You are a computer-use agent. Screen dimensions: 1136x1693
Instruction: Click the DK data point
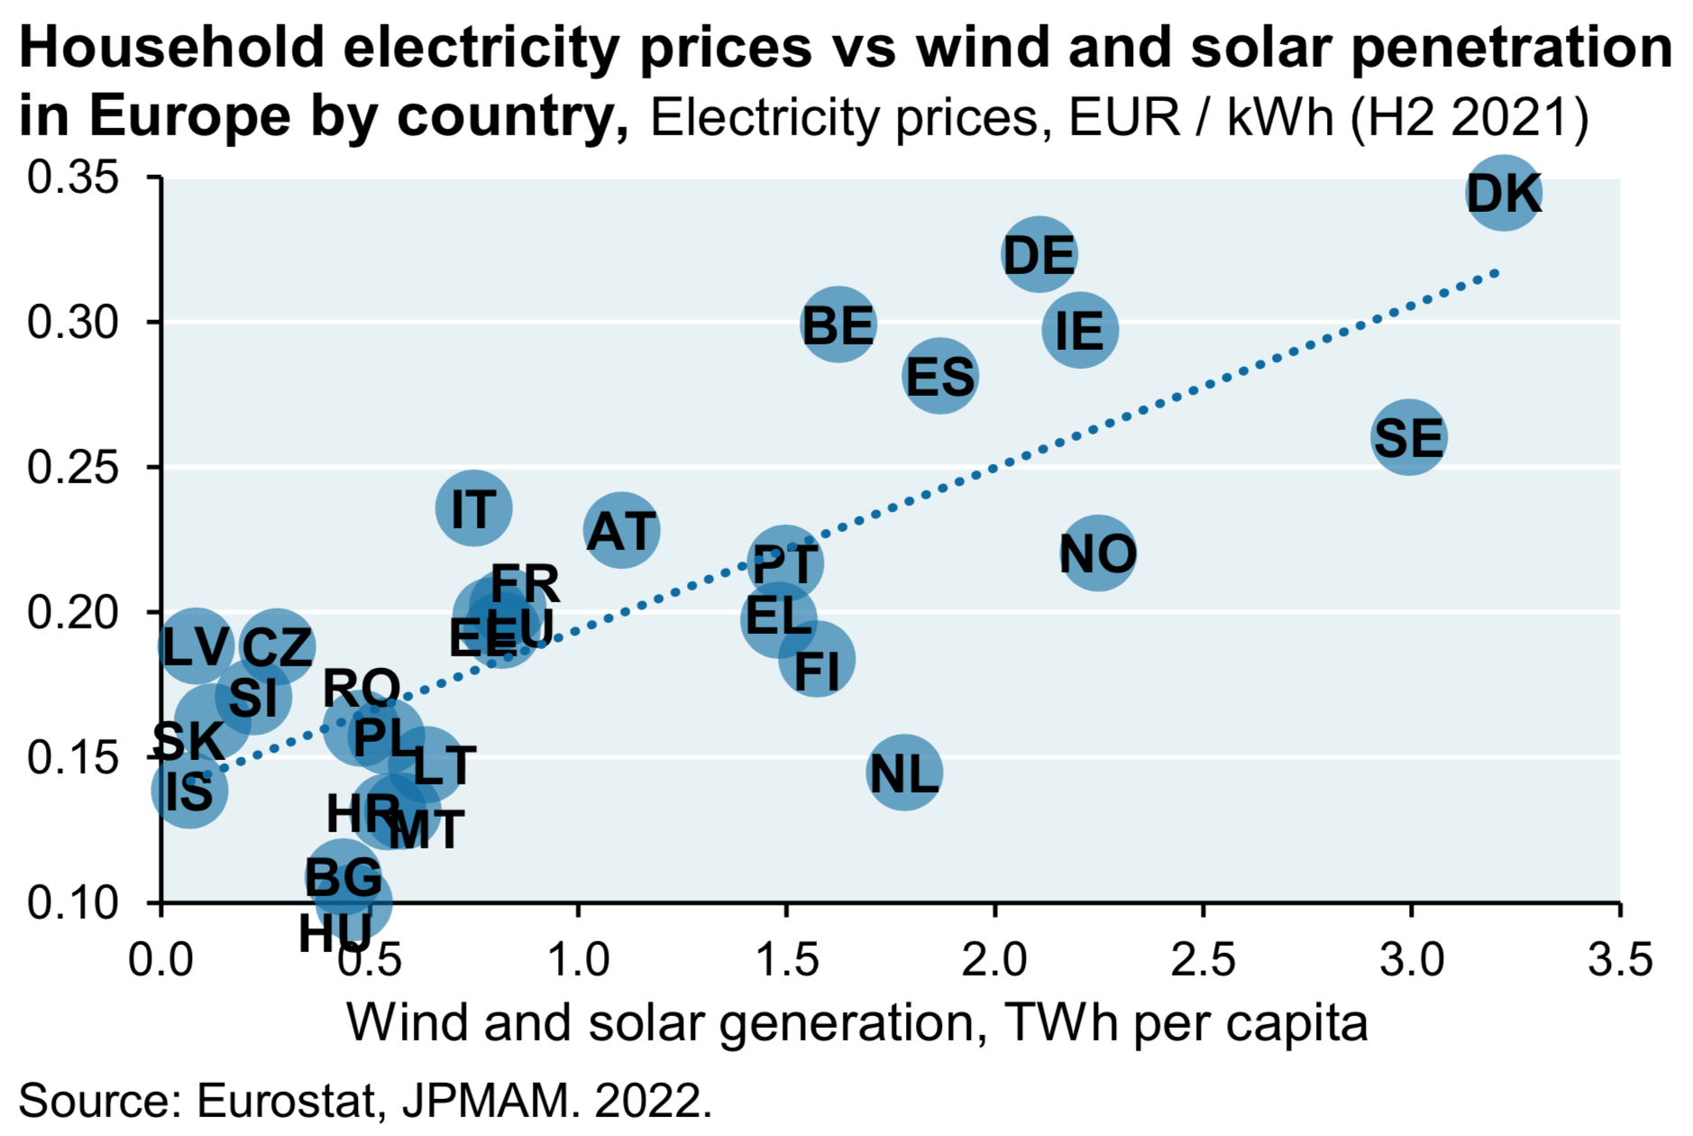pos(1503,192)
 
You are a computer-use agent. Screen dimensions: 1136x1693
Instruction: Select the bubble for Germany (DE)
pos(1039,254)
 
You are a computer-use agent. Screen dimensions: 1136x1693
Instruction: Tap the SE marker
pos(1409,437)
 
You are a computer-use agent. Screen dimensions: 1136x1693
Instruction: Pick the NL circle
pos(904,773)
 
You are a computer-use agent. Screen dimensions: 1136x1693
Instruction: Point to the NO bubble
pos(1097,553)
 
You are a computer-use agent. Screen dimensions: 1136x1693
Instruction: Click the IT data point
pos(473,508)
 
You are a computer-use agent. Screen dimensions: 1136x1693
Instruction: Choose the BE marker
pos(837,325)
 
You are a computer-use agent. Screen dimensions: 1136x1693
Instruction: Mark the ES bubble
pos(940,376)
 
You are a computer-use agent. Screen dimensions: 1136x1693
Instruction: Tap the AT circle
pos(621,530)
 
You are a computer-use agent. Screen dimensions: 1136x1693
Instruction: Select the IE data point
pos(1079,330)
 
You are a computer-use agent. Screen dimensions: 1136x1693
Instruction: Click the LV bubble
pos(196,646)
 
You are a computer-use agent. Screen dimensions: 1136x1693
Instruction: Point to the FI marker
pos(817,660)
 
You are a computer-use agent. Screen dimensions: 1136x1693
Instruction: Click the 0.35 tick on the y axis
pos(73,178)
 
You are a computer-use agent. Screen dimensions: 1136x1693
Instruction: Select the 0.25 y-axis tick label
pos(73,467)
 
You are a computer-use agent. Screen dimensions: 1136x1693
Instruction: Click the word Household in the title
pos(171,47)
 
